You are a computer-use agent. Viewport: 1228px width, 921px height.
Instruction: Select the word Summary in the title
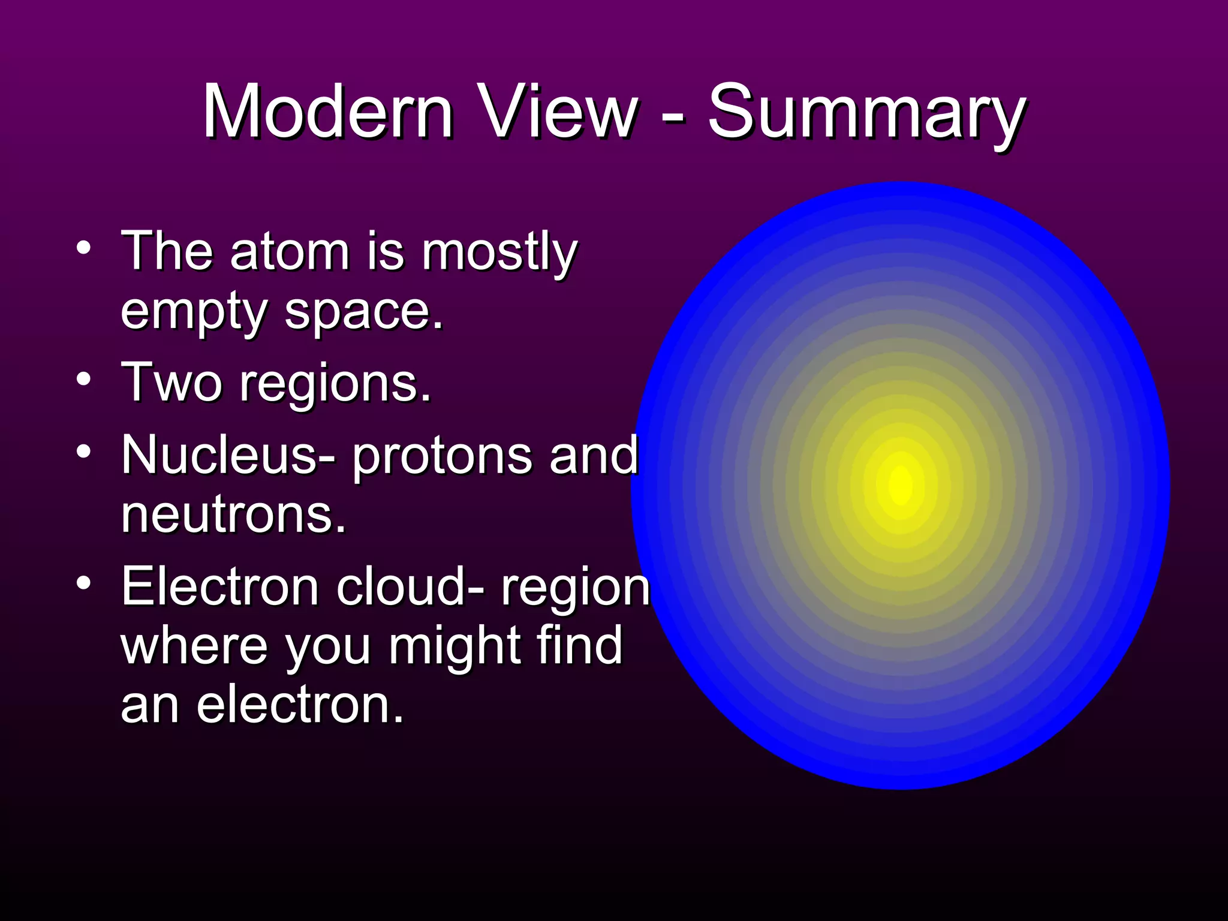click(866, 114)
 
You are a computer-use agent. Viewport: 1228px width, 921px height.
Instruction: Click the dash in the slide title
click(673, 114)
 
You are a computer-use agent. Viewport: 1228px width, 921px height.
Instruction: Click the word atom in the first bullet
click(290, 252)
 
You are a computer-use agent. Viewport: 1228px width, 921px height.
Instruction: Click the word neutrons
click(233, 516)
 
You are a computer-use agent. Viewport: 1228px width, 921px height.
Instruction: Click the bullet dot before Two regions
click(84, 379)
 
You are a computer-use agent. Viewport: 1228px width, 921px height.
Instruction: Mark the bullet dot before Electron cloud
click(84, 582)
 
